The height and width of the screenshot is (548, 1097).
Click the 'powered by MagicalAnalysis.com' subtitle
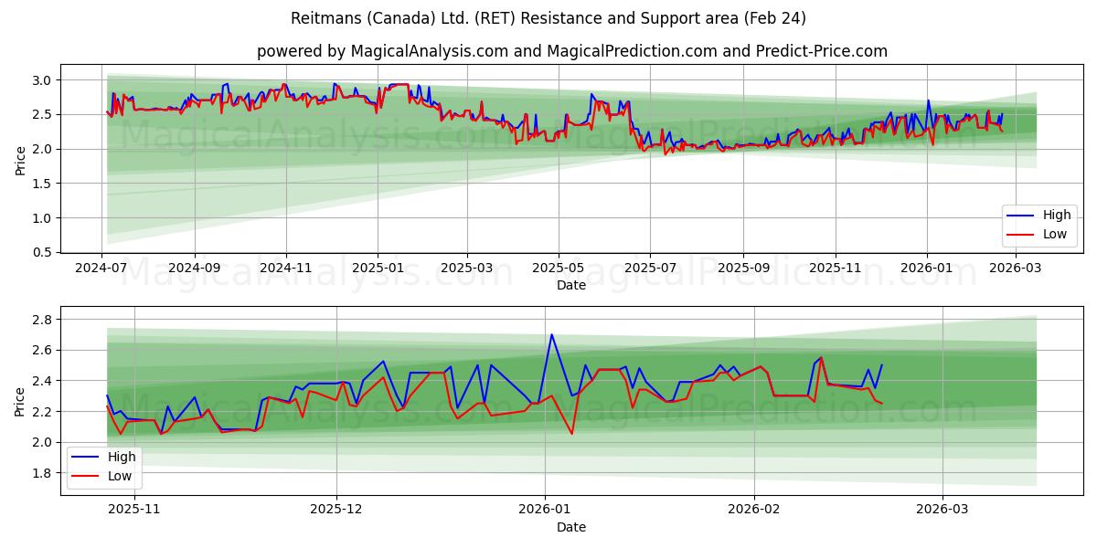571,51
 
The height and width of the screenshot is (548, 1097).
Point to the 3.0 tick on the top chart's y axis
42,80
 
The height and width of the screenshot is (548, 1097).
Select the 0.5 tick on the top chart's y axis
42,252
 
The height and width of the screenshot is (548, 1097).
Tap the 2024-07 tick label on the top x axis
101,269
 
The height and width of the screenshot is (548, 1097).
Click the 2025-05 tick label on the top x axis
559,269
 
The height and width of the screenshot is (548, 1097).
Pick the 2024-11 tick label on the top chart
286,269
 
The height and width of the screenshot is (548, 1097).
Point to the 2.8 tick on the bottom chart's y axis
42,320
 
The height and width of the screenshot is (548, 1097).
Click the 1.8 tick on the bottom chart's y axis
42,473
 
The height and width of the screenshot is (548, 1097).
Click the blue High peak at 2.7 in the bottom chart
551,334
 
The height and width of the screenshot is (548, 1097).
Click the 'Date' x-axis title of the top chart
571,285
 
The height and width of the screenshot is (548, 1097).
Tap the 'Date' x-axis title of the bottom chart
571,527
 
